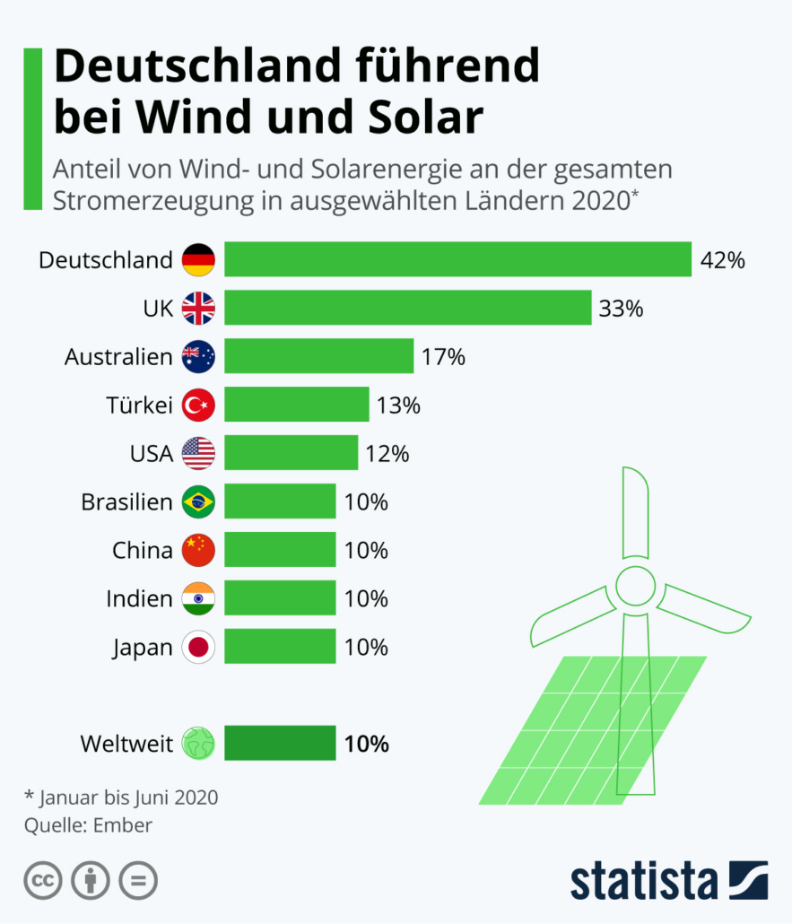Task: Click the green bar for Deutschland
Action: pyautogui.click(x=457, y=260)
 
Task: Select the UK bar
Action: pyautogui.click(x=408, y=309)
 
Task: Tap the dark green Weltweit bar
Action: pyautogui.click(x=280, y=744)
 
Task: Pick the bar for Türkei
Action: pyautogui.click(x=297, y=405)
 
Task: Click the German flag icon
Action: pyautogui.click(x=198, y=260)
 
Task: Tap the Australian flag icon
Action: pyautogui.click(x=198, y=357)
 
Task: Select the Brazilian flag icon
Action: pyautogui.click(x=198, y=502)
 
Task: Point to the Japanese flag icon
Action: pyautogui.click(x=198, y=648)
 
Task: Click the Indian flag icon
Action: pyautogui.click(x=198, y=599)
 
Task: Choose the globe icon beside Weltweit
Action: pyautogui.click(x=198, y=744)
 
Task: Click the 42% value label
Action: pyautogui.click(x=723, y=261)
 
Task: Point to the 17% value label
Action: pyautogui.click(x=443, y=358)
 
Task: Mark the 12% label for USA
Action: pyautogui.click(x=387, y=455)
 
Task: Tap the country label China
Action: pyautogui.click(x=142, y=551)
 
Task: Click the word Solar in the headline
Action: pyautogui.click(x=422, y=118)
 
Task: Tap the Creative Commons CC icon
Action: pyautogui.click(x=42, y=880)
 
